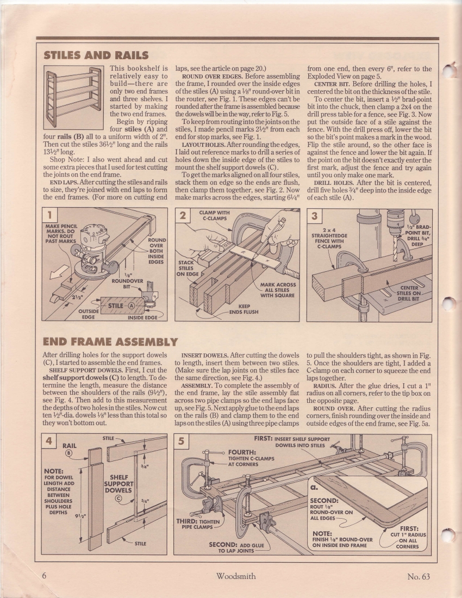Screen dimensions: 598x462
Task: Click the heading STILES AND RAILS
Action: (96, 55)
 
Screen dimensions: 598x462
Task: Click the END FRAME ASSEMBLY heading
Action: (110, 342)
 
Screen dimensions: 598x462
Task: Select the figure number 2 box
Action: (183, 215)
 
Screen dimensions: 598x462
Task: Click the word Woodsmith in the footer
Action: (235, 576)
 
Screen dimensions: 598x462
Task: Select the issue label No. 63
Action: (418, 576)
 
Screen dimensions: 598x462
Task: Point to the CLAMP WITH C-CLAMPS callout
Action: (214, 216)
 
